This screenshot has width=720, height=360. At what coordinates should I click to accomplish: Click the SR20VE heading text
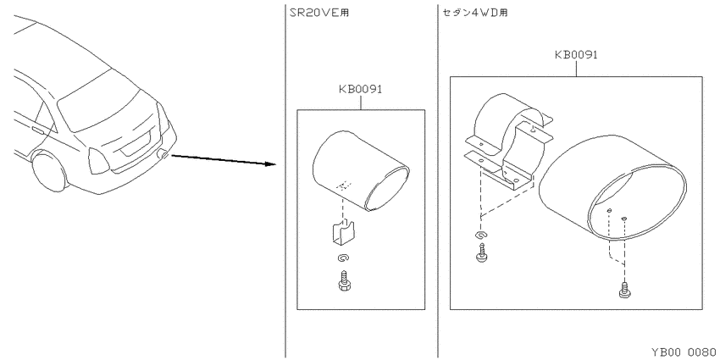[319, 13]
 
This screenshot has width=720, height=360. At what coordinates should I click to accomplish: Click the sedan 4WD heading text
[475, 13]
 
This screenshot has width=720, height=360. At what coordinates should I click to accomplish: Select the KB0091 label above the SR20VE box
[361, 89]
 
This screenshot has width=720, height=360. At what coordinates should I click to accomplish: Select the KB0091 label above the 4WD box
[576, 55]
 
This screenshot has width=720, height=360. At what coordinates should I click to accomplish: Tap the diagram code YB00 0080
[684, 352]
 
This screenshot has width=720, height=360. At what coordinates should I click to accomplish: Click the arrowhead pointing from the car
[270, 163]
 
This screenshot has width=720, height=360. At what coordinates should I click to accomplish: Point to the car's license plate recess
[136, 143]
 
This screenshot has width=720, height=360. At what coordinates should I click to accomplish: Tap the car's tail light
[98, 161]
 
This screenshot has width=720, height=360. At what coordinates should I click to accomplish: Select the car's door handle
[39, 130]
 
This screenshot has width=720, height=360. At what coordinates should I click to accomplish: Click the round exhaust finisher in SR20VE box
[361, 172]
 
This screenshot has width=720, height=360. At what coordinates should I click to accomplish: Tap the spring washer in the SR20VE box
[343, 259]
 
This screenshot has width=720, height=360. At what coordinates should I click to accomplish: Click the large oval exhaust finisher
[613, 187]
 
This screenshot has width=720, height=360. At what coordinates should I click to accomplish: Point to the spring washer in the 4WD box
[482, 235]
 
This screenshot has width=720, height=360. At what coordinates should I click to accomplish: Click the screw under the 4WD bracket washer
[482, 252]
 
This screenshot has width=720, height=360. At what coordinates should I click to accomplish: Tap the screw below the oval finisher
[624, 290]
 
